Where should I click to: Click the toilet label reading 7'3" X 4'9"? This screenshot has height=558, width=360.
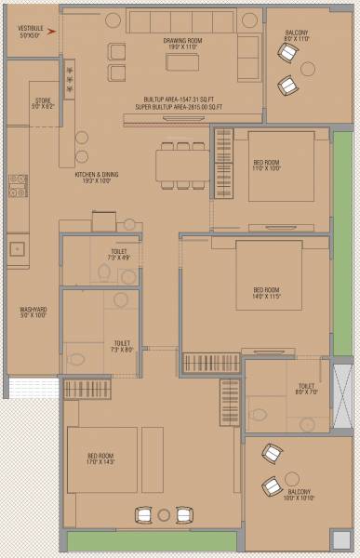pyautogui.click(x=118, y=256)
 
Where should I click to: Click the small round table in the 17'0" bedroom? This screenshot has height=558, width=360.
pyautogui.click(x=165, y=514)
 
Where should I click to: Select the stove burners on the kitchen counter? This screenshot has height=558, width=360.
pyautogui.click(x=19, y=185)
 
